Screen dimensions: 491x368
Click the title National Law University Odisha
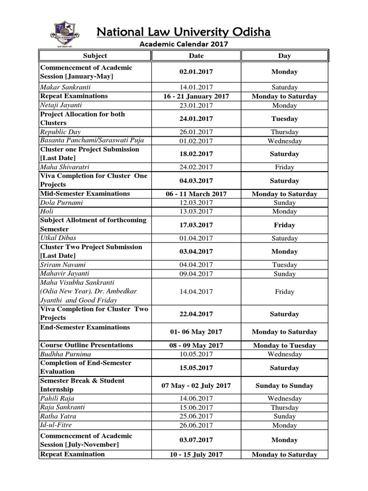(184, 32)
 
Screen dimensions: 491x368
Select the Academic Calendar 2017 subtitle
(184, 44)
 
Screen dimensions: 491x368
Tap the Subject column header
(95, 56)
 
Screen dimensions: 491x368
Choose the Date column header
(196, 56)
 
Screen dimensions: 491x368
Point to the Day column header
(284, 56)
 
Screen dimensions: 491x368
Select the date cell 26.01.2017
(196, 132)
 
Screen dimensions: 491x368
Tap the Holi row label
(47, 211)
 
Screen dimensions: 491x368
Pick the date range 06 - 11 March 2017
(196, 194)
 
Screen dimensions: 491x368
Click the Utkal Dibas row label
(58, 238)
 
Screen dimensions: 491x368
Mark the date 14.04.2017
(196, 292)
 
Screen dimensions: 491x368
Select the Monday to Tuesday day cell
(284, 346)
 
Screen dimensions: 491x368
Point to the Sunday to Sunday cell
(284, 386)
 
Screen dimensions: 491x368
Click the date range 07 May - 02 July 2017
(196, 386)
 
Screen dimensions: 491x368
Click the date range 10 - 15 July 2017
(196, 455)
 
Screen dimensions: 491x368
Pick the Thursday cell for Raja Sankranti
(284, 408)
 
